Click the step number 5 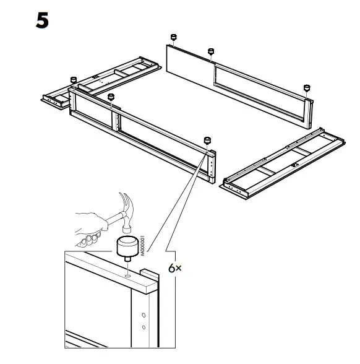point(42,20)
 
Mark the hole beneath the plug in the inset point(127,269)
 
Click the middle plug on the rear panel point(211,51)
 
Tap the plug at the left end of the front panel point(73,80)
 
